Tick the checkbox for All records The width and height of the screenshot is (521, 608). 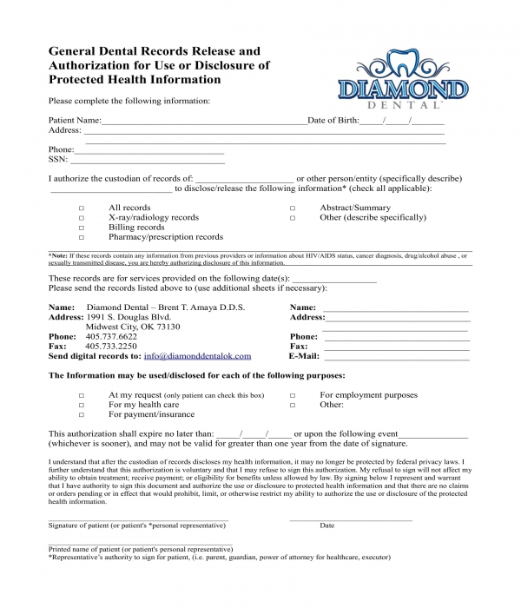tap(82, 208)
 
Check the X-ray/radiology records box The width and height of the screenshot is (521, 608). tap(82, 218)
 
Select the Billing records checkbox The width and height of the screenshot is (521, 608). tap(82, 228)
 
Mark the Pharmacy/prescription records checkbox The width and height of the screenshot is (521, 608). tap(82, 237)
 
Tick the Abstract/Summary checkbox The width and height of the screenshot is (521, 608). tap(293, 208)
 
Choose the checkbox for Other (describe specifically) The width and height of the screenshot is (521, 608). tap(293, 218)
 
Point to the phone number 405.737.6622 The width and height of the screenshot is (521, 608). tap(115, 336)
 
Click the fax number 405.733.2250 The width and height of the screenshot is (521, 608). tap(115, 347)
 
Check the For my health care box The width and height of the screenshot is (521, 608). tap(82, 405)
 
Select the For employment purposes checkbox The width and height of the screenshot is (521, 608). tap(293, 395)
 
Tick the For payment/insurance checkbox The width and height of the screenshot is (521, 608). tap(82, 415)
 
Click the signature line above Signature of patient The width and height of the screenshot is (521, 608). tap(138, 519)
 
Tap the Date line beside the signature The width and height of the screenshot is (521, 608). tap(350, 519)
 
